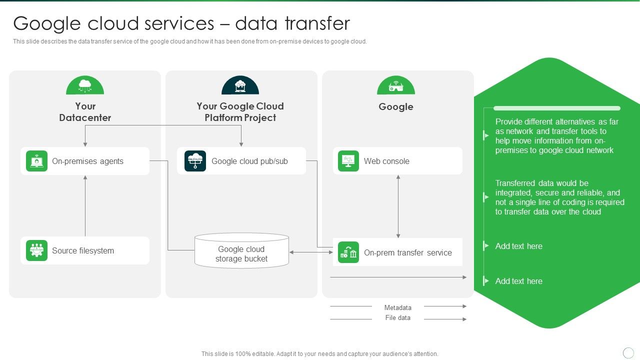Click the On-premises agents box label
tap(87, 161)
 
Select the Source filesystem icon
tap(36, 250)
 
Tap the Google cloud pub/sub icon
tap(195, 161)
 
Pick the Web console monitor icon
tap(348, 161)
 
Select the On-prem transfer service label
tap(407, 253)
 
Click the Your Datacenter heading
tap(85, 112)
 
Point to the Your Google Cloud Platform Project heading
tap(240, 112)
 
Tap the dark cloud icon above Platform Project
tap(240, 86)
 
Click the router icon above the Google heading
tap(395, 86)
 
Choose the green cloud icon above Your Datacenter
tap(85, 86)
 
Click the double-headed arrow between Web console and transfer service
tap(398, 206)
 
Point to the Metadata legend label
tap(397, 307)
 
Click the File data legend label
tap(397, 318)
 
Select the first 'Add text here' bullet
tap(518, 246)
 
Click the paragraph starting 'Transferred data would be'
tap(559, 197)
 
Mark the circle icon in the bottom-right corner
tap(628, 353)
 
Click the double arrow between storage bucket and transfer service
tap(311, 252)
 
